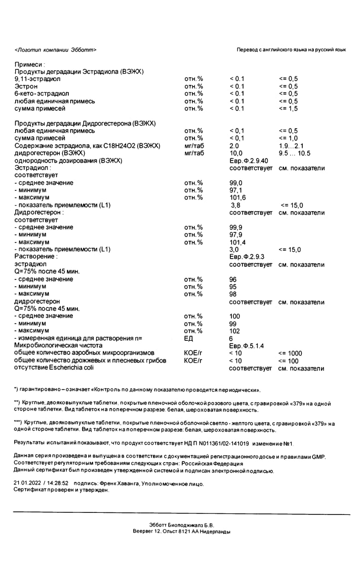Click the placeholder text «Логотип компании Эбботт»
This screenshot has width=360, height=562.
pyautogui.click(x=55, y=50)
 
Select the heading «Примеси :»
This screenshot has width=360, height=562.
pyautogui.click(x=30, y=64)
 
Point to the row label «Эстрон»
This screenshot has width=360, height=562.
pyautogui.click(x=26, y=87)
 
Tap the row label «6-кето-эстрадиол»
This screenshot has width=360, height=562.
pyautogui.click(x=42, y=94)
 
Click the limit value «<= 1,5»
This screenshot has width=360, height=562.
pyautogui.click(x=288, y=108)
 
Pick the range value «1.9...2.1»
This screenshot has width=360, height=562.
pyautogui.click(x=291, y=146)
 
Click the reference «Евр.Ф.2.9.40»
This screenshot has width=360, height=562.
pyautogui.click(x=250, y=160)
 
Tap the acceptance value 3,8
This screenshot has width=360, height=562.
pyautogui.click(x=235, y=205)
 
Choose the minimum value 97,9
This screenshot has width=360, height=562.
pyautogui.click(x=236, y=234)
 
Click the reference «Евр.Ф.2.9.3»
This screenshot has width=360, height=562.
pyautogui.click(x=248, y=257)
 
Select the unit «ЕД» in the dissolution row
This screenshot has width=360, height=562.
pyautogui.click(x=189, y=339)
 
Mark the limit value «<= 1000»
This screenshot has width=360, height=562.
pyautogui.click(x=290, y=353)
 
